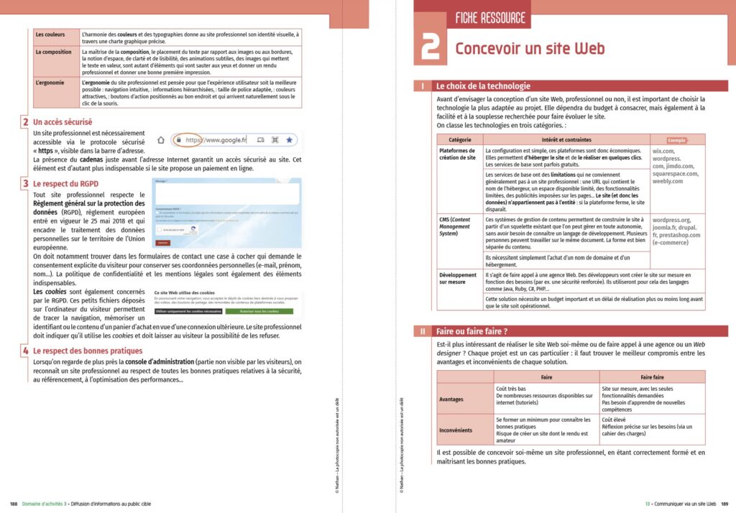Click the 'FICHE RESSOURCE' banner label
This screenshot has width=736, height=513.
(x=491, y=18)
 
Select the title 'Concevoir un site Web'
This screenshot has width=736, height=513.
(x=530, y=49)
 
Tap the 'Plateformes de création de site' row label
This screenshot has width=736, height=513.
(x=457, y=154)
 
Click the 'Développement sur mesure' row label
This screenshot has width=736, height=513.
(x=459, y=279)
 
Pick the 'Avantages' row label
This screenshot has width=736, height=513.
(x=451, y=399)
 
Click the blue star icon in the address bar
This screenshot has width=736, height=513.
(x=289, y=139)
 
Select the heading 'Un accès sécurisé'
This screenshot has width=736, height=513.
(x=63, y=122)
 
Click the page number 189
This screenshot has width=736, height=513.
(x=725, y=503)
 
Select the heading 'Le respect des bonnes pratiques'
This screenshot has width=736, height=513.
(x=88, y=351)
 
